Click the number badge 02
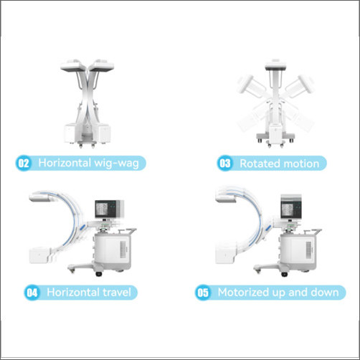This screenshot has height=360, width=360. tap(24, 164)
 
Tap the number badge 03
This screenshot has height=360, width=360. tap(224, 164)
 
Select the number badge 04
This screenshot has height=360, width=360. tap(32, 293)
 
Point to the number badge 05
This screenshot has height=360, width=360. tap(203, 293)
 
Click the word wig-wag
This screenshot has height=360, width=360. tap(116, 164)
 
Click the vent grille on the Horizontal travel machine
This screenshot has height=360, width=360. tap(123, 250)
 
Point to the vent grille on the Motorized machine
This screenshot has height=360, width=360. tap(308, 250)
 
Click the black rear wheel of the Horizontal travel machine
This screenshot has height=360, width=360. tap(98, 274)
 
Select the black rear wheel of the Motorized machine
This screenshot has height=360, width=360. tap(284, 274)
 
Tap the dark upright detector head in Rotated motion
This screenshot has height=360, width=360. tap(275, 68)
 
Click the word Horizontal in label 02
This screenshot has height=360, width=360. tap(65, 163)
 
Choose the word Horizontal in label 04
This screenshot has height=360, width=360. tap(73, 292)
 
